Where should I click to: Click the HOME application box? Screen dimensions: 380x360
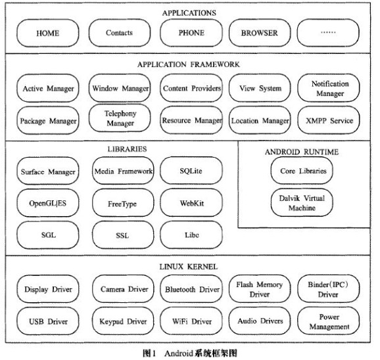(x=48, y=33)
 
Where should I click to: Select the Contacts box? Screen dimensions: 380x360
(x=120, y=33)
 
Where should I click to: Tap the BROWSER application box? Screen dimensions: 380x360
(x=260, y=33)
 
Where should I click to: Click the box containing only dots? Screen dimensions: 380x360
(x=328, y=33)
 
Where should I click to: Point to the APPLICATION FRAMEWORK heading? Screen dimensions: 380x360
(x=189, y=64)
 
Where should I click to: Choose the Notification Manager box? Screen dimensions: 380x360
(x=329, y=88)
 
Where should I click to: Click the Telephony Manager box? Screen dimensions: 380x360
(x=120, y=118)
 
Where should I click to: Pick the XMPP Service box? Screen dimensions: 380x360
(x=329, y=120)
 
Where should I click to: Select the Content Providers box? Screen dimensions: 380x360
(x=191, y=88)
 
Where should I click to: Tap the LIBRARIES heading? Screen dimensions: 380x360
(x=128, y=149)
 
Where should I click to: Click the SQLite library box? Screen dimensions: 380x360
(x=191, y=171)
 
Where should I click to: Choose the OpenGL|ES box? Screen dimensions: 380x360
(x=48, y=203)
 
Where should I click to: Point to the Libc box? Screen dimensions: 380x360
(x=191, y=235)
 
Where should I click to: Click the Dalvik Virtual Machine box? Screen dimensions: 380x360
(x=302, y=202)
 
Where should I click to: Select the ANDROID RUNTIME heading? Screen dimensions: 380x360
(x=302, y=152)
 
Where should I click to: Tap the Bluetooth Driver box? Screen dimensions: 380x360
(x=191, y=289)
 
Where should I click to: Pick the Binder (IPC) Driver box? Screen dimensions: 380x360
(x=329, y=289)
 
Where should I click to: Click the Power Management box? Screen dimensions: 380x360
(x=329, y=321)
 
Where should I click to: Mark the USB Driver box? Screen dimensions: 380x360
(x=48, y=321)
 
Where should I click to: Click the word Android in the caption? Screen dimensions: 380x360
(x=179, y=353)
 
